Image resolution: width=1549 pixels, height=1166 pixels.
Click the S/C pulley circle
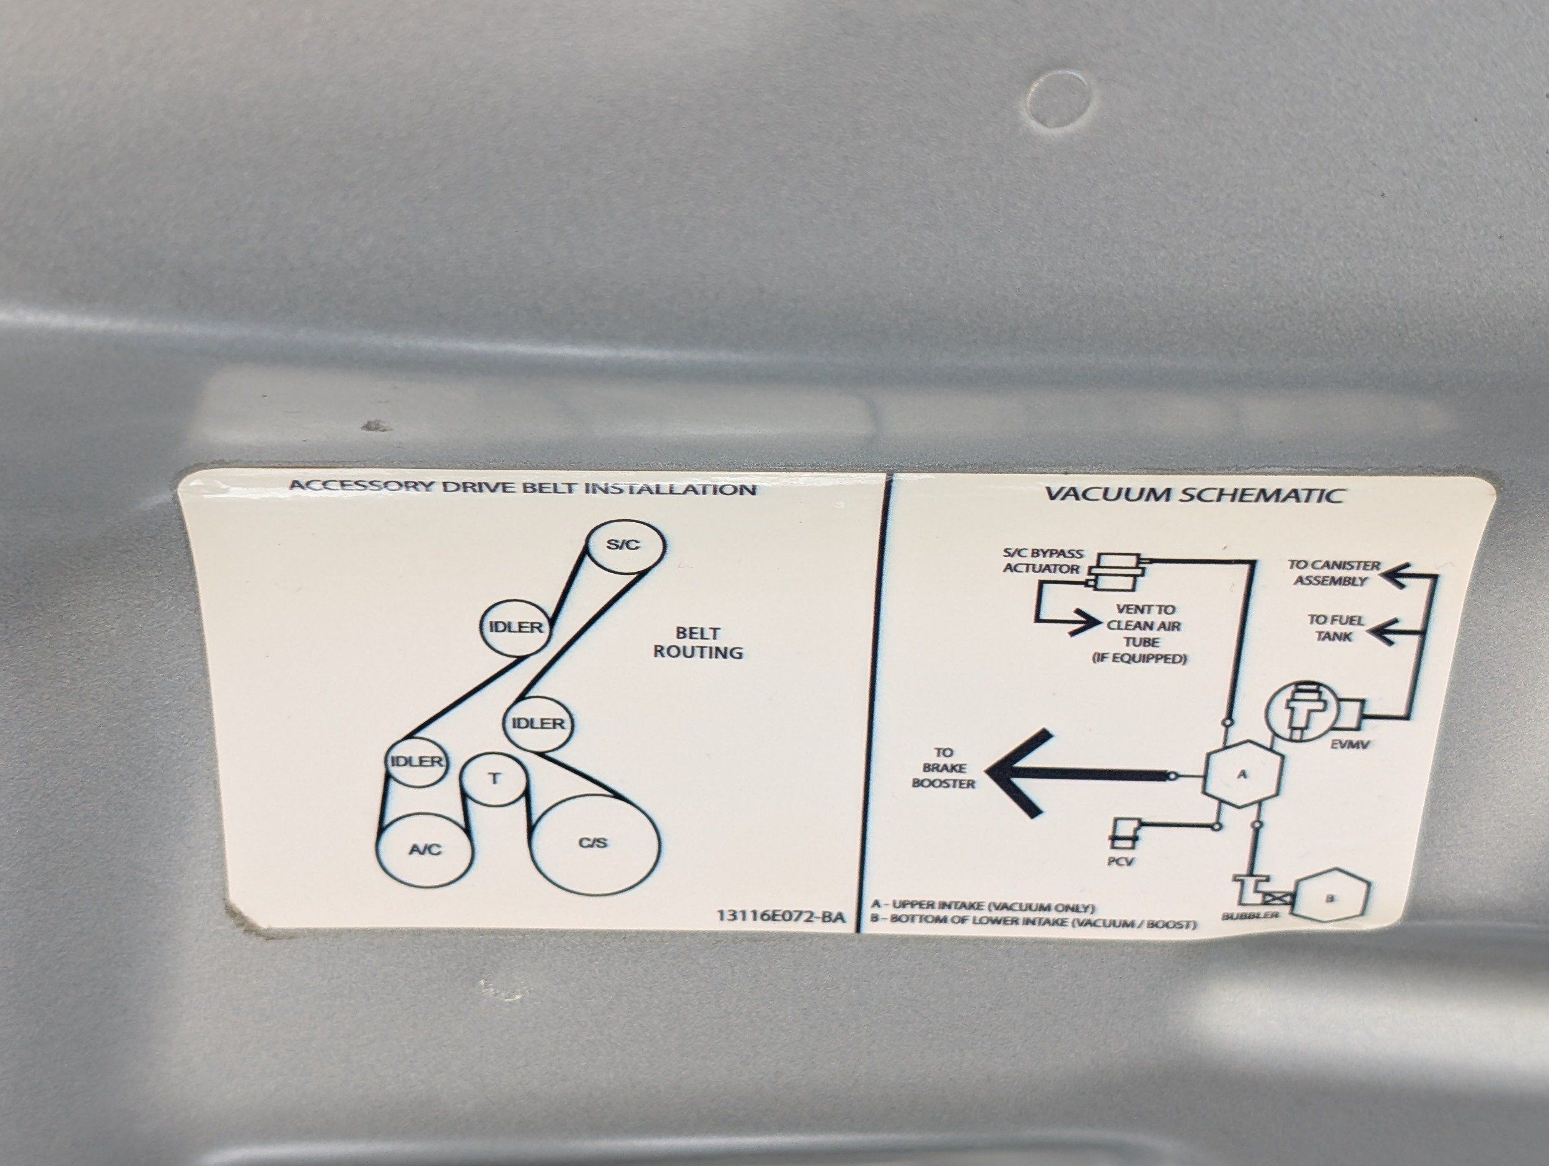click(x=625, y=546)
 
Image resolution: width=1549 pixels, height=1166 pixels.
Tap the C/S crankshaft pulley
click(x=595, y=844)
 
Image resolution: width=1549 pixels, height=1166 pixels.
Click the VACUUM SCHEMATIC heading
click(x=1194, y=495)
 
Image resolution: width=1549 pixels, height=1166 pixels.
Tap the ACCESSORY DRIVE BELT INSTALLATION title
click(x=522, y=488)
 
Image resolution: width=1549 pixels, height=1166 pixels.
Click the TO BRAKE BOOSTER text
click(x=943, y=768)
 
